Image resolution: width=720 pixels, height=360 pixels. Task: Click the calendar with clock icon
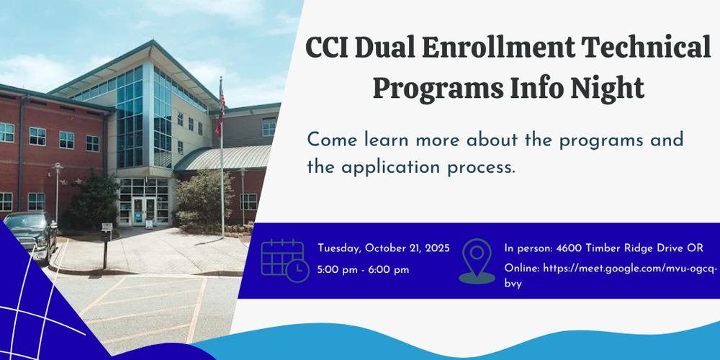[x=284, y=261]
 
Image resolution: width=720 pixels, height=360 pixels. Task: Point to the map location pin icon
[x=477, y=261]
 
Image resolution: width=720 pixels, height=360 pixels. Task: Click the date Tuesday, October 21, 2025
[x=384, y=248]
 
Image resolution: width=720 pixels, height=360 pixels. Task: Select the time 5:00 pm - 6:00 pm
[x=363, y=270]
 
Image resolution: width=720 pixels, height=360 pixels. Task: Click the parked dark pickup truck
[x=30, y=235]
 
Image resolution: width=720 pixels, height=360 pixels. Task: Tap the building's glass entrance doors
[x=143, y=211]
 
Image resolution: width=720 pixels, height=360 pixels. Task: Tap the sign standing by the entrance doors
[x=149, y=224]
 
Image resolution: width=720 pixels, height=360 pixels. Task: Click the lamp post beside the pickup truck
[x=57, y=192]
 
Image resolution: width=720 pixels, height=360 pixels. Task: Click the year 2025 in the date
[x=437, y=248]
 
